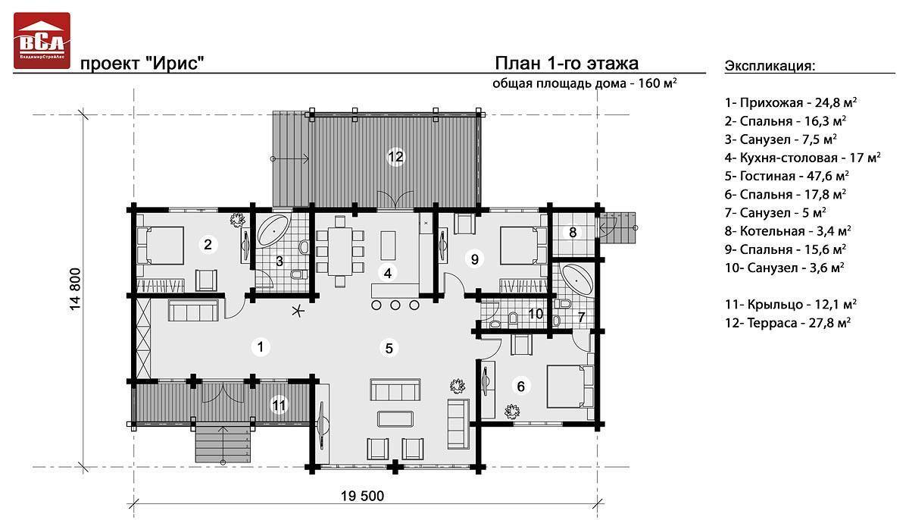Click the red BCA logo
(x=42, y=41)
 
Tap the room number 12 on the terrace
(x=395, y=157)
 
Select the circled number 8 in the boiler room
(x=573, y=233)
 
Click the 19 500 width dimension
(x=362, y=496)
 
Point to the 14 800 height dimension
(x=76, y=290)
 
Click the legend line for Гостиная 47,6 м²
(x=786, y=176)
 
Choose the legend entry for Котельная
(x=787, y=230)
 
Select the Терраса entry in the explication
(x=787, y=322)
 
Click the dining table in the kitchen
(x=340, y=252)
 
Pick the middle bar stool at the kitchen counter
(x=395, y=305)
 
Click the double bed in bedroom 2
(x=161, y=246)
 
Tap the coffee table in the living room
(x=395, y=419)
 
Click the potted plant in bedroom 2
(x=237, y=220)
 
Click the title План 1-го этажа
(x=567, y=64)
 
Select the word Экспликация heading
(x=770, y=66)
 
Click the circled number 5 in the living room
(x=389, y=348)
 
